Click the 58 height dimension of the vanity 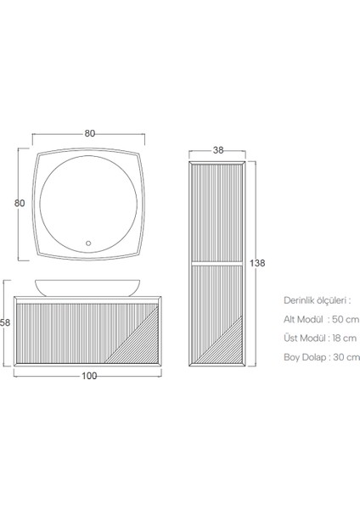[5, 323]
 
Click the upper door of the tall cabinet [217, 212]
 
